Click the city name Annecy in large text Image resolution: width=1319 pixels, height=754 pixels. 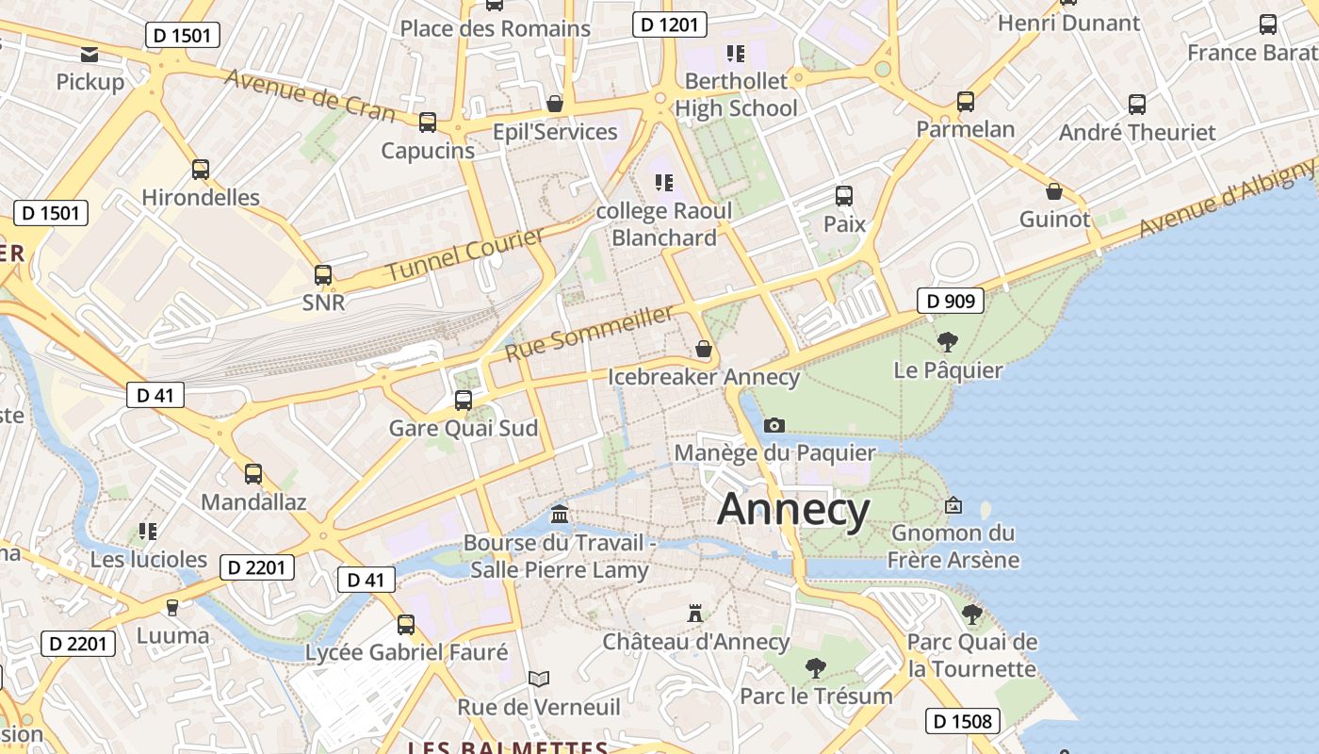pyautogui.click(x=793, y=510)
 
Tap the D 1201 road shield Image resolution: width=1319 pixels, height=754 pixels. pyautogui.click(x=669, y=25)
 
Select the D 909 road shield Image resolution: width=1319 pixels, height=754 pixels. pyautogui.click(x=951, y=302)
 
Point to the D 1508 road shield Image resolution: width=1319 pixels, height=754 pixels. pyautogui.click(x=961, y=722)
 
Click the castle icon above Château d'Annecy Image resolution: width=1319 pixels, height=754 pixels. pyautogui.click(x=695, y=614)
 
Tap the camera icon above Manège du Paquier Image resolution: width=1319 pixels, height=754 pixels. pyautogui.click(x=774, y=425)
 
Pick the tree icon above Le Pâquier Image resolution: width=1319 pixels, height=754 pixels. pyautogui.click(x=948, y=342)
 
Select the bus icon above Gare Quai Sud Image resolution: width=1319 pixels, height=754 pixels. pyautogui.click(x=464, y=401)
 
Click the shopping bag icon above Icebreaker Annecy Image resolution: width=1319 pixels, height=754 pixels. pyautogui.click(x=703, y=350)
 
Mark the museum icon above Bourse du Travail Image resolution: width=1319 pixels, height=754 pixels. pyautogui.click(x=560, y=515)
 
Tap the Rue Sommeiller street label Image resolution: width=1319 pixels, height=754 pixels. pyautogui.click(x=591, y=333)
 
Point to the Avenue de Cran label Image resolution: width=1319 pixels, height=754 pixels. pyautogui.click(x=310, y=95)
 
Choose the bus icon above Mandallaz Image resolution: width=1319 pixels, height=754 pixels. pyautogui.click(x=253, y=474)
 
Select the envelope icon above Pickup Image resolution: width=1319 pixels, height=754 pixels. pyautogui.click(x=90, y=55)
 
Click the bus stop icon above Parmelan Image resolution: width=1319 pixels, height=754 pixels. pyautogui.click(x=966, y=102)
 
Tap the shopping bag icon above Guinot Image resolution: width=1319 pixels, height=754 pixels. pyautogui.click(x=1054, y=191)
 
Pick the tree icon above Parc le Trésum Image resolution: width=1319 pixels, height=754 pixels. pyautogui.click(x=816, y=669)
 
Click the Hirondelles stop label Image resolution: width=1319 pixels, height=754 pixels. pyautogui.click(x=201, y=198)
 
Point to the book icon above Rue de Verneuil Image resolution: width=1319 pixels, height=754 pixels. pyautogui.click(x=539, y=679)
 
